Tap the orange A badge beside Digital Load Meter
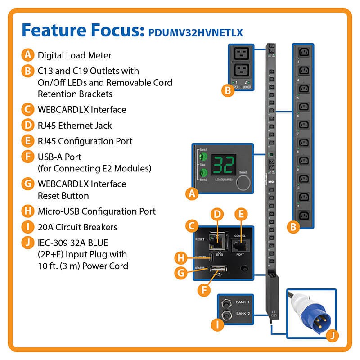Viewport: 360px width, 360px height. click(28, 55)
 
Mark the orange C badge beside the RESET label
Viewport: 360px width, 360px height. click(192, 224)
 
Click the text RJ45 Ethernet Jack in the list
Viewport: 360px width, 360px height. click(75, 125)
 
